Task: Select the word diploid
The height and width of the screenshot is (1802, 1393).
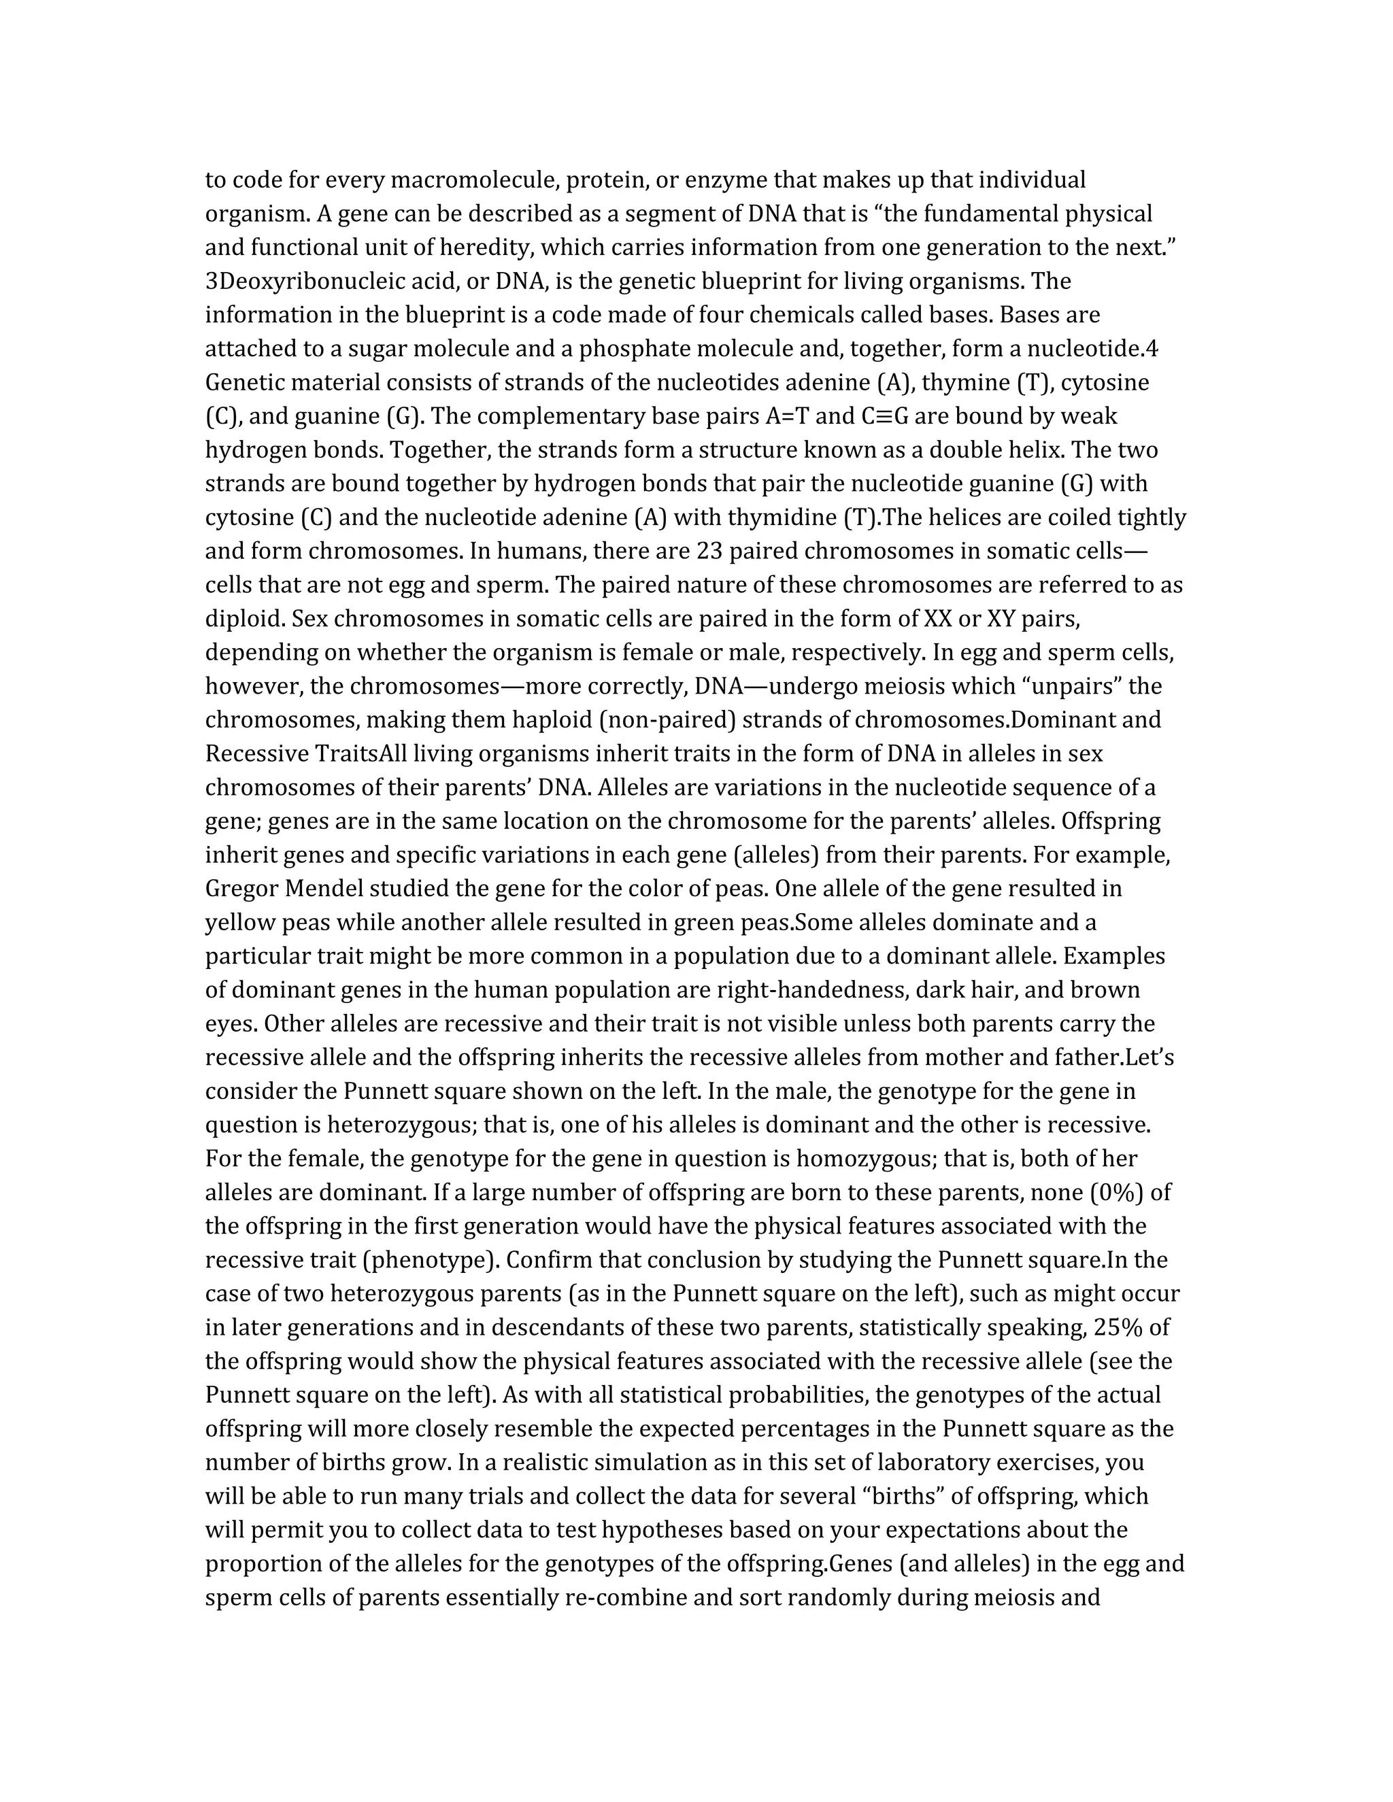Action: point(244,619)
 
